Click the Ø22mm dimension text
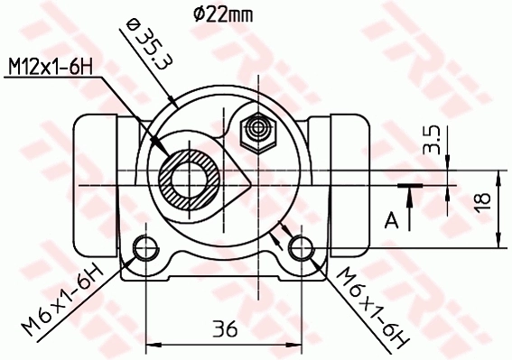(x=221, y=13)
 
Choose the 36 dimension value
(x=227, y=329)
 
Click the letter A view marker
(x=390, y=218)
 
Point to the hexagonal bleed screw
(x=257, y=134)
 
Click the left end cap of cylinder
(x=94, y=186)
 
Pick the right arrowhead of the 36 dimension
(x=300, y=344)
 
